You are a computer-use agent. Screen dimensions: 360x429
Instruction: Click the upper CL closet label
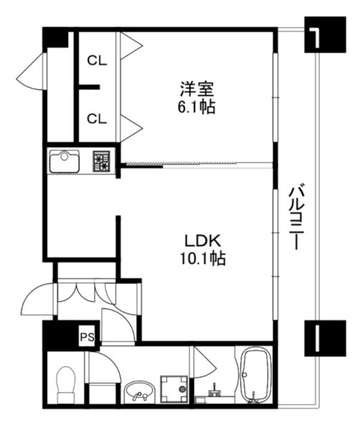[x=97, y=61]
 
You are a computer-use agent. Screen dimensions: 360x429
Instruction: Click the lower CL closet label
[x=97, y=119]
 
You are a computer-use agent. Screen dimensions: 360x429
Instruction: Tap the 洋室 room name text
[x=197, y=89]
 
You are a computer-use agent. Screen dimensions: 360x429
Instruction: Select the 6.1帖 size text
[x=197, y=107]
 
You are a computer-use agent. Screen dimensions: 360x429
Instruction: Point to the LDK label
[x=203, y=241]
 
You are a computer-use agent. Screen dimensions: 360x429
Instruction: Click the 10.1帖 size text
[x=203, y=258]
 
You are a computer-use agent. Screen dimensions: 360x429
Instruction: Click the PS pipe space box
[x=87, y=337]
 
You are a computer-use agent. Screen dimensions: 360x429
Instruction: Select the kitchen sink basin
[x=64, y=162]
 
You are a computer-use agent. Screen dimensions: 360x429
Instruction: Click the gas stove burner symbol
[x=102, y=162]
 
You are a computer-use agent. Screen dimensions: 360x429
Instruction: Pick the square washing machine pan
[x=175, y=389]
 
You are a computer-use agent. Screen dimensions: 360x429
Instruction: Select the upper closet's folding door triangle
[x=132, y=46]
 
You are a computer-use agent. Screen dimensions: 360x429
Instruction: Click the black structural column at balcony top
[x=325, y=34]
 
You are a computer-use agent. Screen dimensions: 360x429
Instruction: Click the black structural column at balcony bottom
[x=325, y=338]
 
